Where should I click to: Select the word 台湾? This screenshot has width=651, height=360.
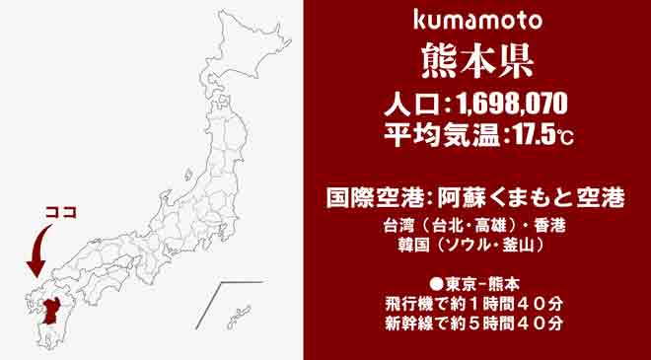pyautogui.click(x=401, y=225)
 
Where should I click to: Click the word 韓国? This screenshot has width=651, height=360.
pyautogui.click(x=401, y=243)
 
